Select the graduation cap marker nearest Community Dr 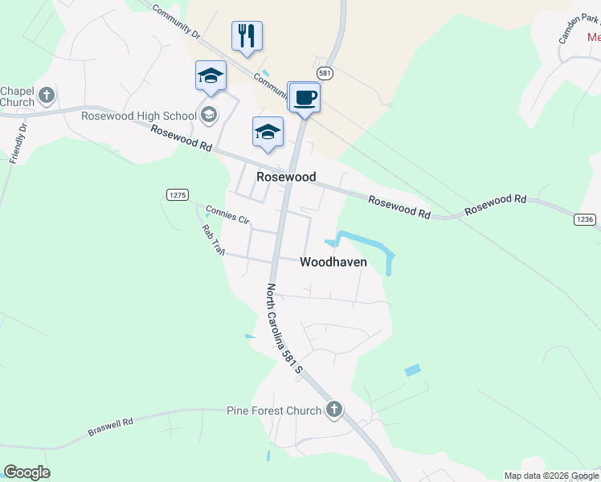tap(211, 76)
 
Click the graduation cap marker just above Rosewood tap(268, 133)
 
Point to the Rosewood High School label tap(138, 116)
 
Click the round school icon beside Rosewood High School tap(210, 115)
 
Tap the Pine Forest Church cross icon tap(334, 411)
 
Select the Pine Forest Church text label tap(273, 411)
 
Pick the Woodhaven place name tap(333, 262)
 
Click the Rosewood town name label tap(285, 177)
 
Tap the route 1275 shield tap(178, 194)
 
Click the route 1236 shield tap(585, 219)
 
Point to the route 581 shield tap(324, 72)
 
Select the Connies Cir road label tap(228, 214)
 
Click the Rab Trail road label tap(213, 239)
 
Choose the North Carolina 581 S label tap(284, 329)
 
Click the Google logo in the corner tap(27, 472)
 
